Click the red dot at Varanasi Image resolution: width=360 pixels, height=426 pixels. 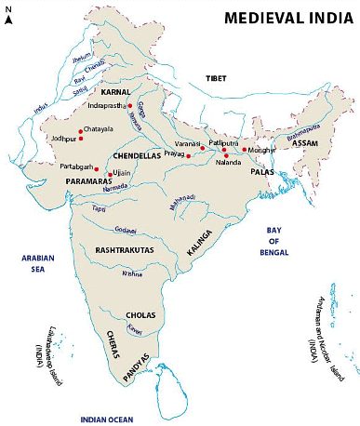point(202,149)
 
